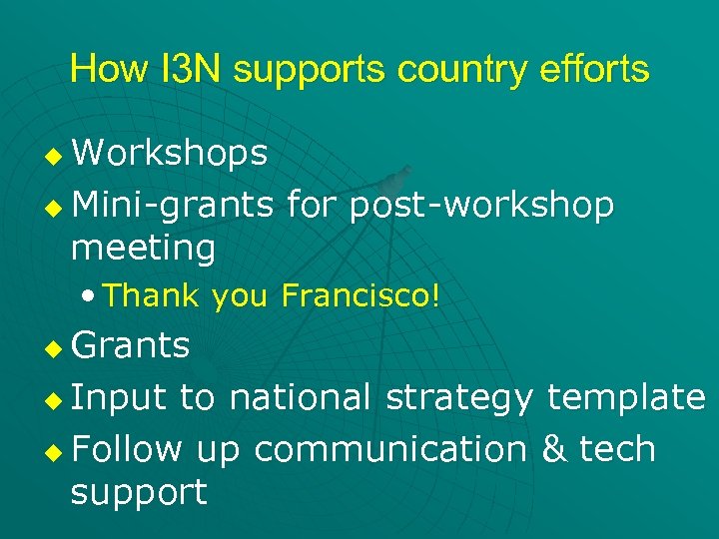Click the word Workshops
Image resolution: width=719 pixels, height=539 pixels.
pyautogui.click(x=170, y=153)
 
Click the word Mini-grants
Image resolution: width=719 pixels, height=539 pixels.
pyautogui.click(x=173, y=205)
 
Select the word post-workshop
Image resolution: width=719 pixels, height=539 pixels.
pyautogui.click(x=481, y=205)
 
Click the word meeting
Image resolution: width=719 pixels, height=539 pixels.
pyautogui.click(x=143, y=248)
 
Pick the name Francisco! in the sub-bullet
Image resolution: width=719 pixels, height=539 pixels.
pyautogui.click(x=360, y=295)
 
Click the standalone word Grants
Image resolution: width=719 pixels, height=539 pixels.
pyautogui.click(x=131, y=345)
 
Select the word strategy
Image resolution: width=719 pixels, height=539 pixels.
pyautogui.click(x=460, y=397)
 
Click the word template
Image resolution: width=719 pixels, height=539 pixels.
pyautogui.click(x=626, y=397)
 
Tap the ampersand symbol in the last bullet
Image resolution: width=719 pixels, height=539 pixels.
pyautogui.click(x=552, y=449)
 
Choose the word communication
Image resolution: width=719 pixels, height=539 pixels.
pyautogui.click(x=390, y=449)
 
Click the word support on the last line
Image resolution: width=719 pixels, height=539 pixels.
pyautogui.click(x=139, y=491)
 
